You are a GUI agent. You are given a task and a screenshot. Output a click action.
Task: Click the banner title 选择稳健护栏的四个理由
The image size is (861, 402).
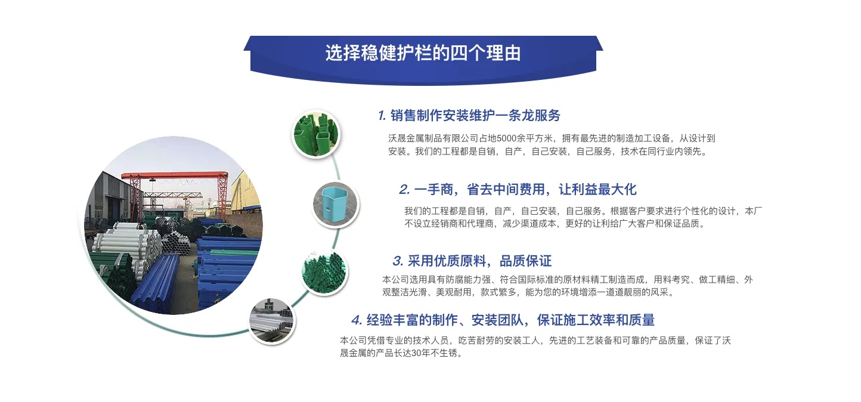[x=423, y=53]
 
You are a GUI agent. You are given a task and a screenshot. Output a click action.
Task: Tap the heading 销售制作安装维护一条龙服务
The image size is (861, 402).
[x=475, y=115]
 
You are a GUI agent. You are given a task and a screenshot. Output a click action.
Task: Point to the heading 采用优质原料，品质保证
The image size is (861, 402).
[x=480, y=261]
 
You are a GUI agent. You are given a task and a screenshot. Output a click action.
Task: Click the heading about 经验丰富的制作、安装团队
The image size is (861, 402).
[x=510, y=320]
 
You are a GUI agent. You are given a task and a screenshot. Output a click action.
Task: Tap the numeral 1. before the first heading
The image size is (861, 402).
[x=382, y=116]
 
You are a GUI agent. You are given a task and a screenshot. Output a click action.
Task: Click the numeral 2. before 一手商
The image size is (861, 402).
[x=404, y=190]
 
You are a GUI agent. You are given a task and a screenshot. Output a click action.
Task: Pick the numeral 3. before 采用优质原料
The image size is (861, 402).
[x=398, y=261]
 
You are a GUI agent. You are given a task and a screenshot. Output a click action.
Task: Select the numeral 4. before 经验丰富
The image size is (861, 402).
[x=357, y=321]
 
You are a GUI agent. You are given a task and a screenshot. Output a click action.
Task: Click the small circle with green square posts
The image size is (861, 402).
[x=315, y=134]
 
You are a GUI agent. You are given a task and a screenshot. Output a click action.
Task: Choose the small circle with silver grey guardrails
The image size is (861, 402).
[x=272, y=321]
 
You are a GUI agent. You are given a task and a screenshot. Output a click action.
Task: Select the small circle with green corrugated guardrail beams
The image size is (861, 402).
[x=323, y=272]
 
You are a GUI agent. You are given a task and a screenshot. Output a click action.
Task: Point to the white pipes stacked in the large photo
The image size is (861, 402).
[x=122, y=245]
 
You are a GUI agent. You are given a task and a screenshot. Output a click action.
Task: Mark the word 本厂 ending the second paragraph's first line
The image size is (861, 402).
[x=754, y=211]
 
